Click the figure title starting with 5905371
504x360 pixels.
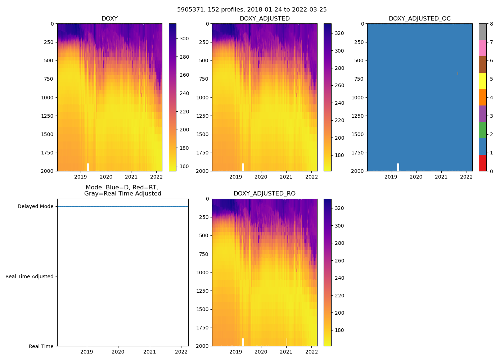252,10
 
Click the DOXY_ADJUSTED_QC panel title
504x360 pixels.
419,19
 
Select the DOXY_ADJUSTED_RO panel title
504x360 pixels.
264,194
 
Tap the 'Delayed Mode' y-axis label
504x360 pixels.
35,207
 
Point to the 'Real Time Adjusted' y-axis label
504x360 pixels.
30,276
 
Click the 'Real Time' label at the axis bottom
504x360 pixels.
41,346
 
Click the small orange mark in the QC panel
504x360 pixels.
458,73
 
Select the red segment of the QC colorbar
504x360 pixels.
482,163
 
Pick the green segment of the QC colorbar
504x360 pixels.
482,130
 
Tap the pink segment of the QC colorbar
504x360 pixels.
482,48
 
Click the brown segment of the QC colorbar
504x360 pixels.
482,64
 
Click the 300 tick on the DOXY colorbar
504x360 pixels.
184,39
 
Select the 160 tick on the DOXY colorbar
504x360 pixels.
184,166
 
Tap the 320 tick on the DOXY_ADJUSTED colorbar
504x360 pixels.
339,33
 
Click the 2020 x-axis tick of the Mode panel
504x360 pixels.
118,352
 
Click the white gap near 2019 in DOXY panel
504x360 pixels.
88,167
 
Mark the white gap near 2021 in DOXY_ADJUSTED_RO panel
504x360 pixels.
287,342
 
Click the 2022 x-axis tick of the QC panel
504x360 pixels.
467,177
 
